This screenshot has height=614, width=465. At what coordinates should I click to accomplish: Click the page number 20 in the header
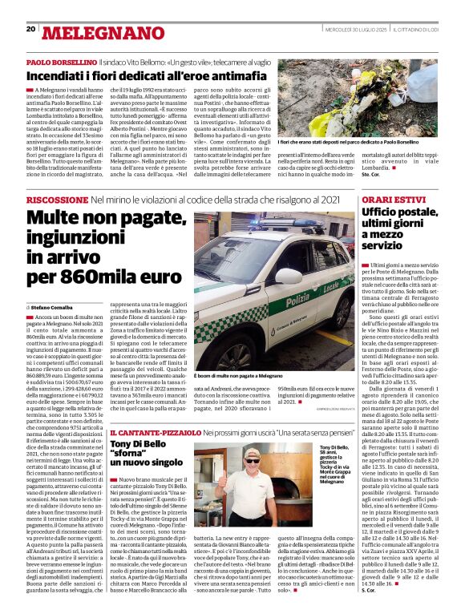point(30,30)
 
